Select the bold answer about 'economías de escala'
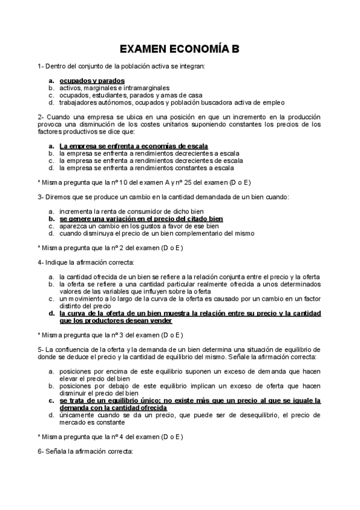click(x=133, y=146)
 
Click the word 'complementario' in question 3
click(x=211, y=233)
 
